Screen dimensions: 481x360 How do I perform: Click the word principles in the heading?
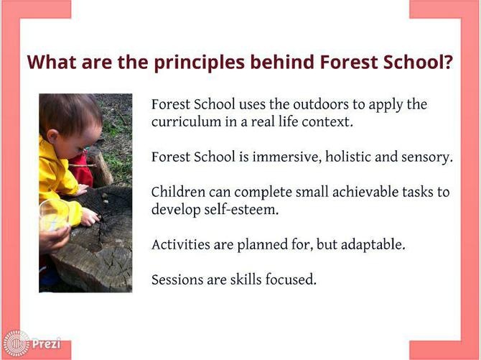[199, 63]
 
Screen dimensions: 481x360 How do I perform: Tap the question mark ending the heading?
[448, 62]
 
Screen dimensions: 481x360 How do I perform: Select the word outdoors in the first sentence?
[321, 104]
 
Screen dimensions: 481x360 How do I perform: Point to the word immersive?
[286, 157]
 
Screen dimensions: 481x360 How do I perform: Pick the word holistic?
[348, 157]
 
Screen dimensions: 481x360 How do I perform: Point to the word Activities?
[181, 245]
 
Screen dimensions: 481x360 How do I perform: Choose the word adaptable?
[373, 245]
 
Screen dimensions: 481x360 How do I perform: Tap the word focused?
[291, 280]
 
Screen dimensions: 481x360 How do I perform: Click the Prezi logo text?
[47, 343]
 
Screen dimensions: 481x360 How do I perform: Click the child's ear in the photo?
[52, 136]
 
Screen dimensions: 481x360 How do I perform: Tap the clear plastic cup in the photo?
[54, 215]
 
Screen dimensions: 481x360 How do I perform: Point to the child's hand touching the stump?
[90, 217]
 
